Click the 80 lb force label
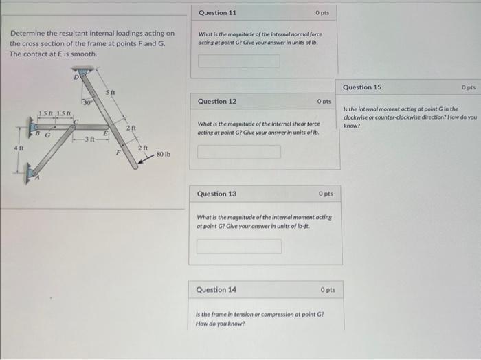tap(164, 155)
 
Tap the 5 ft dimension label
tap(110, 92)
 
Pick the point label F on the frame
tap(118, 153)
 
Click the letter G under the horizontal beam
tap(47, 135)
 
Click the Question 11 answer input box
tap(239, 61)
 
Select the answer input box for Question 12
tap(239, 151)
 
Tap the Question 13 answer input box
tap(239, 245)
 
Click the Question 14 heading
tap(216, 290)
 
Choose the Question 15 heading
tap(362, 87)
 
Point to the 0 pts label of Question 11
tap(322, 13)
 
